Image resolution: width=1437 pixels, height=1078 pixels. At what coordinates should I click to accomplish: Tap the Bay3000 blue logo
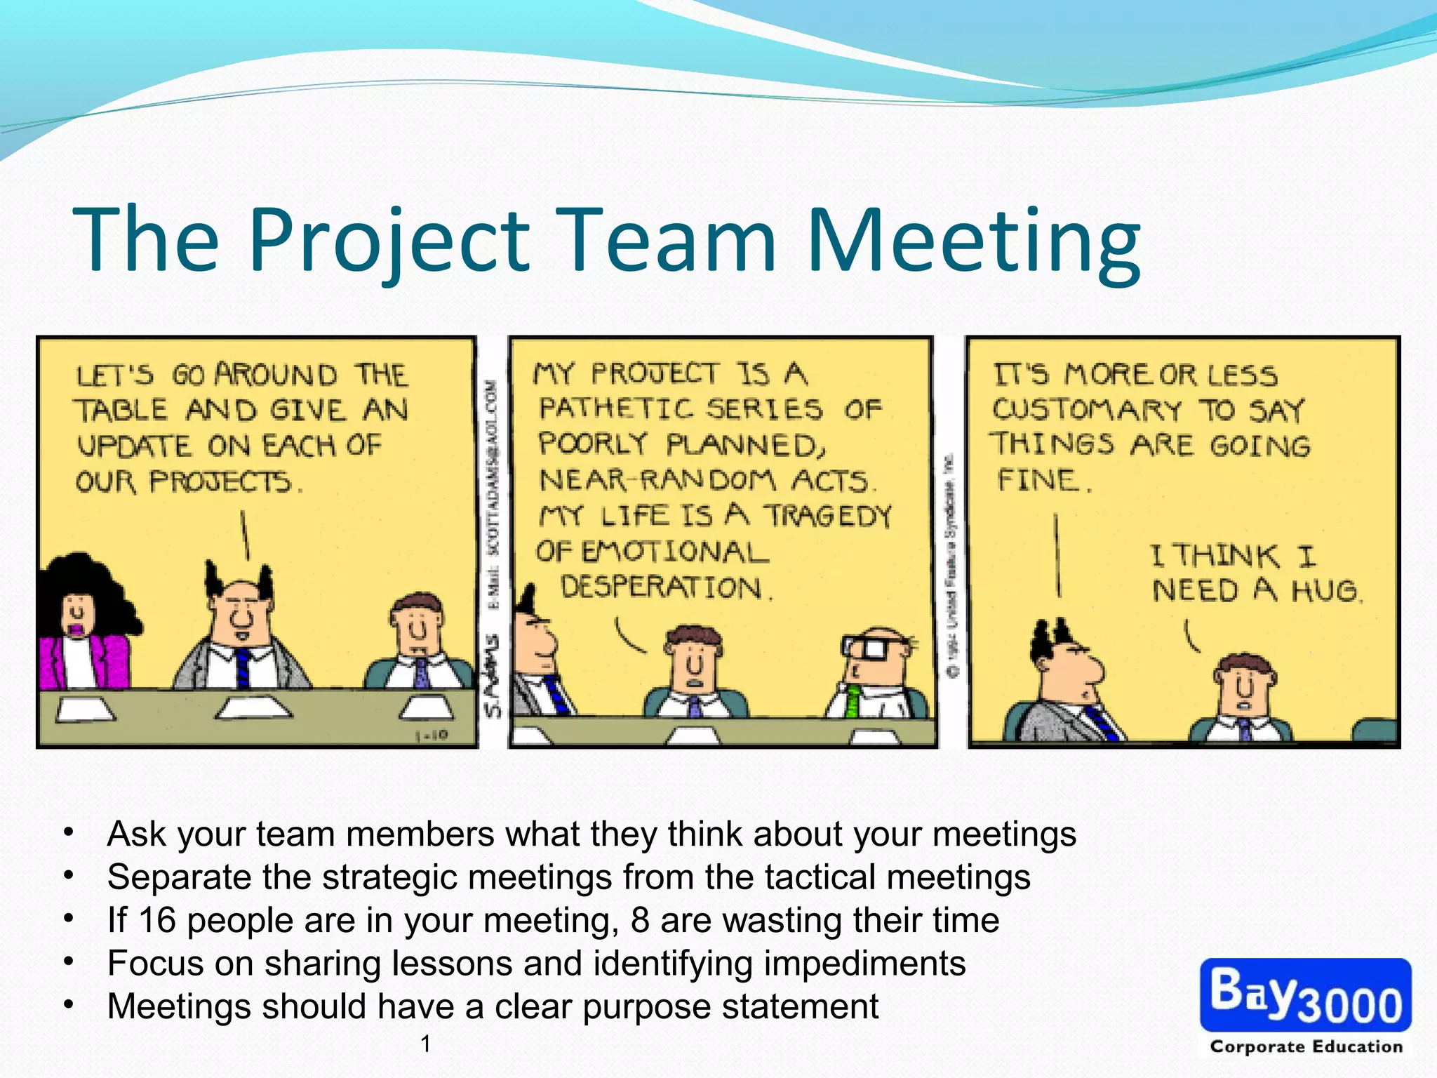1305,995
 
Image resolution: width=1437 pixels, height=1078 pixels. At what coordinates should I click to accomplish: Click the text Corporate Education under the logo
1306,1046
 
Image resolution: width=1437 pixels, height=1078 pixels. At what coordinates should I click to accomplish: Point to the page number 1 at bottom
425,1044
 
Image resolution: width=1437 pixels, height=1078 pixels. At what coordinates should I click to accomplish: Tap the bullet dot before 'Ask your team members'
68,833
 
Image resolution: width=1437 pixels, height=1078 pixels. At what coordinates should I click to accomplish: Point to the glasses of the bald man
867,646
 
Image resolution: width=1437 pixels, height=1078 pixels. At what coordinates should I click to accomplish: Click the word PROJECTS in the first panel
220,481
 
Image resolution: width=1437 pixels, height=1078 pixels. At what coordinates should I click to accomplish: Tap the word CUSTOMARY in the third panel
1087,409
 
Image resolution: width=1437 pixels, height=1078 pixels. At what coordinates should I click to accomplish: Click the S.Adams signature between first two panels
494,677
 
